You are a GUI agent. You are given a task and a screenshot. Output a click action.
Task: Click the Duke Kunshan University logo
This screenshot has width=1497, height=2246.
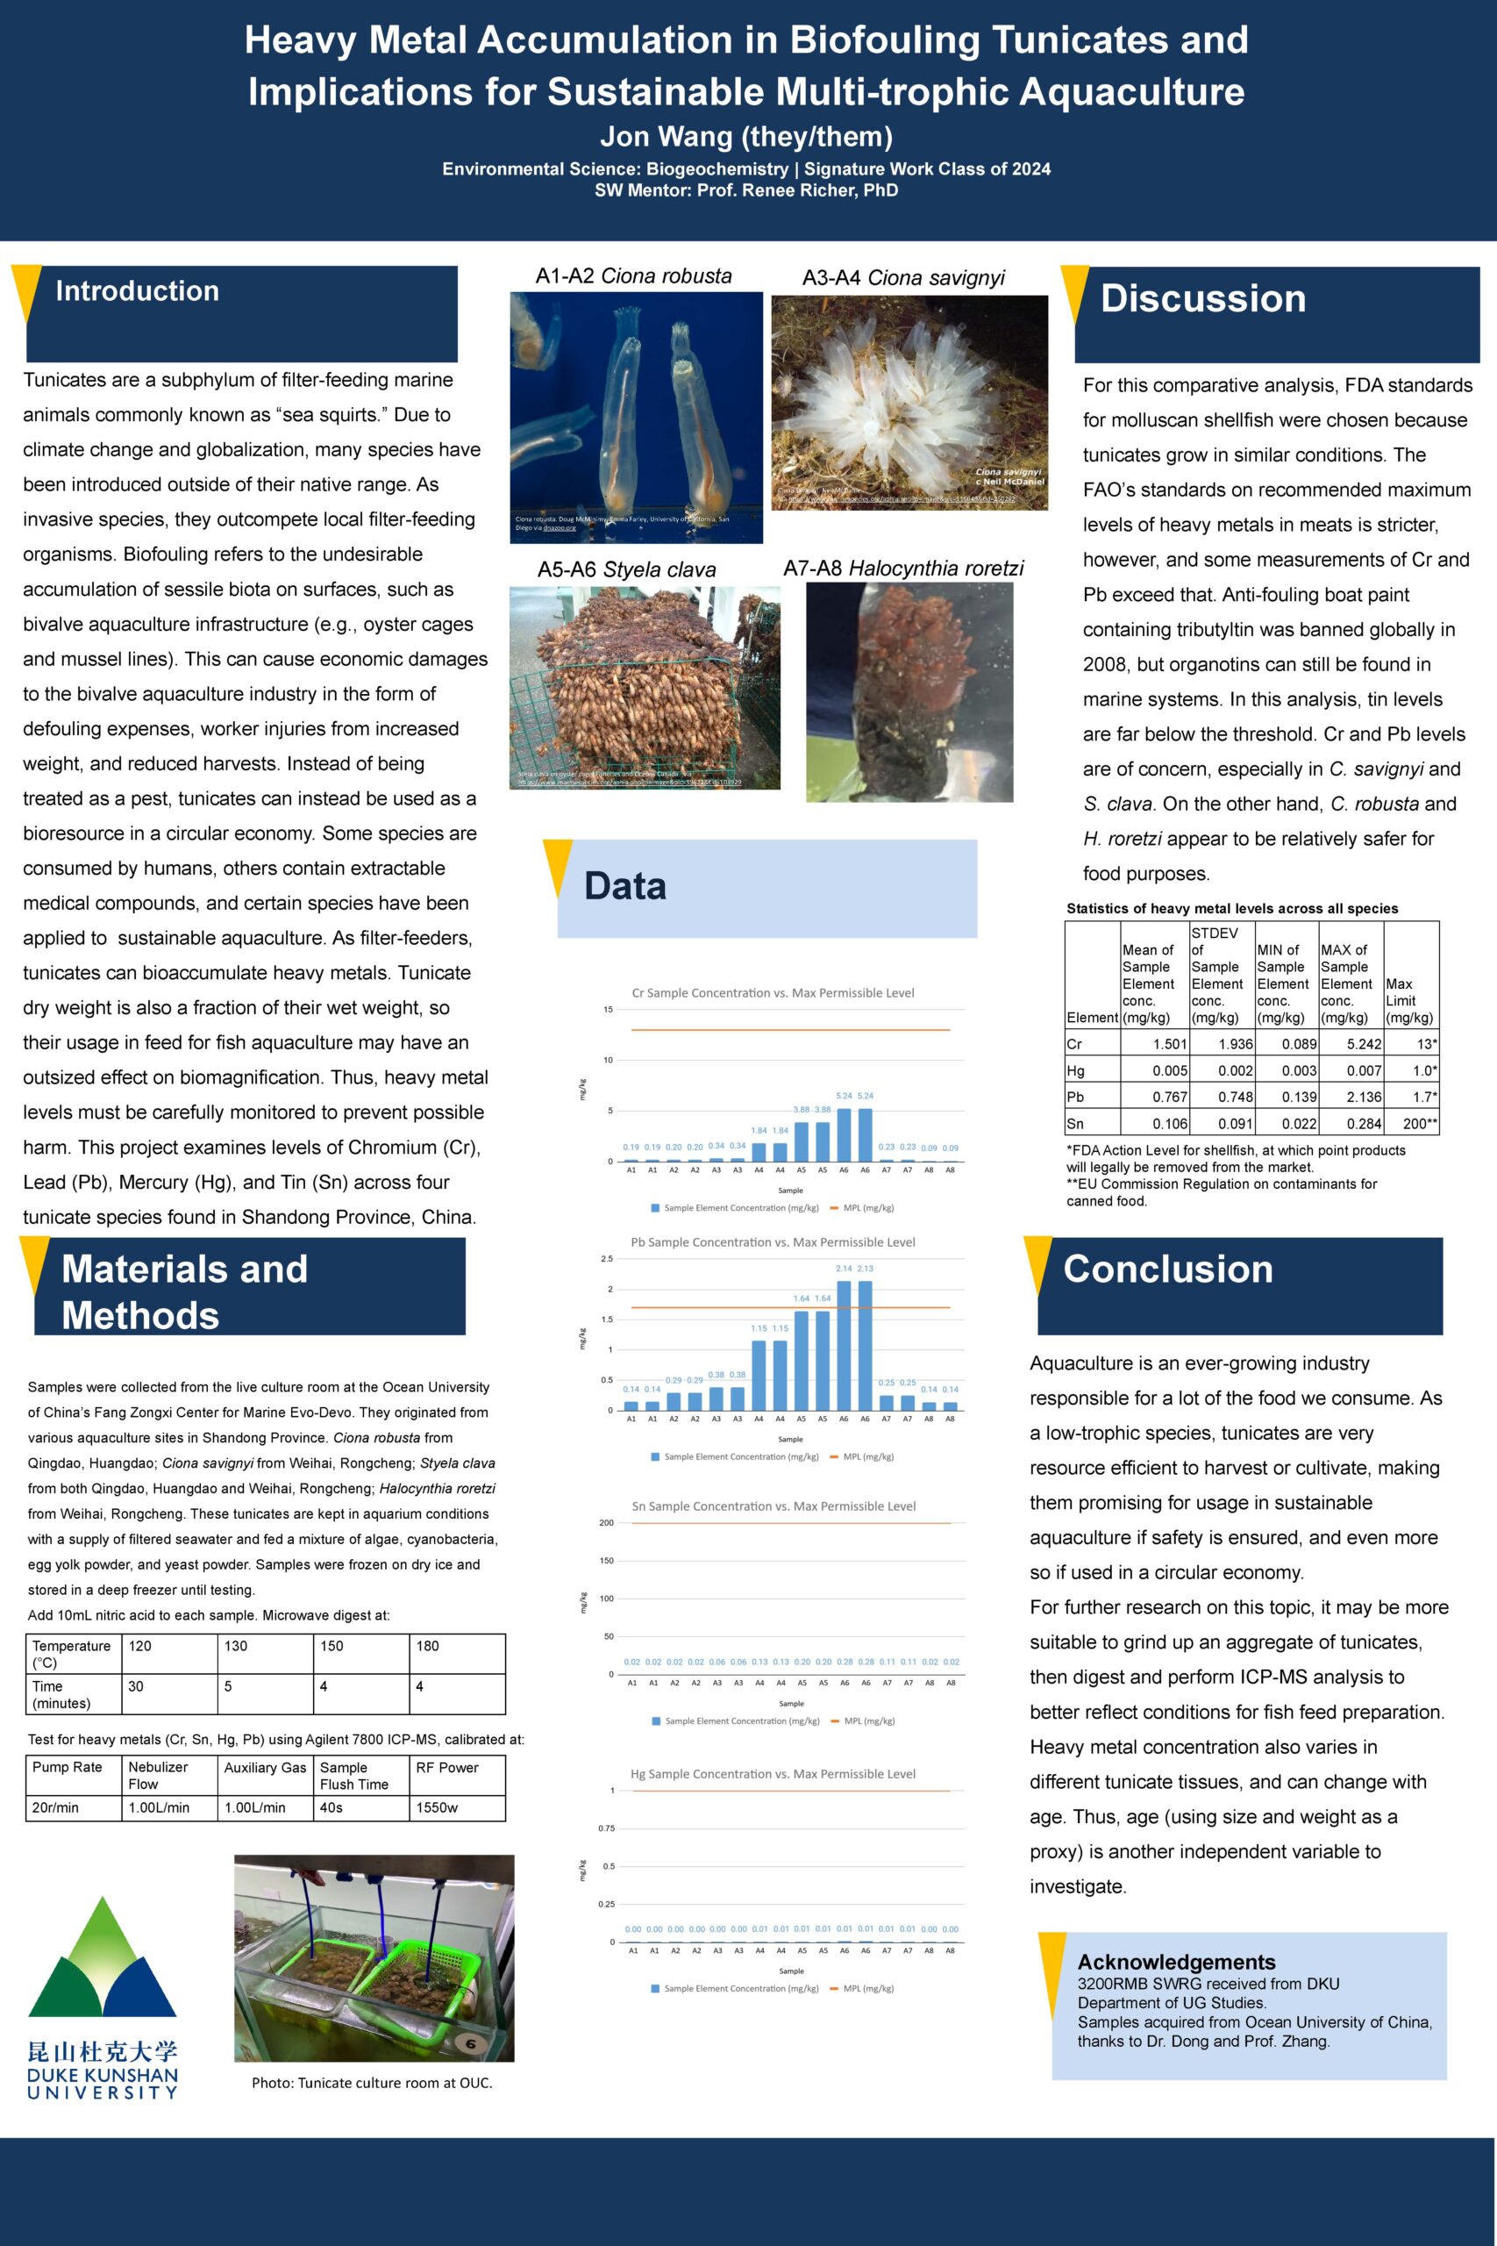click(x=102, y=1996)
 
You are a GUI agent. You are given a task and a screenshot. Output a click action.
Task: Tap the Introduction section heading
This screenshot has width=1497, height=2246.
click(x=138, y=291)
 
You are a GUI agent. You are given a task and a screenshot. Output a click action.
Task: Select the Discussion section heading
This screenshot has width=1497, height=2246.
click(x=1203, y=299)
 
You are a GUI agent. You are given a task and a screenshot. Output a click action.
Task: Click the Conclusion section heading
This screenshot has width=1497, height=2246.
click(x=1167, y=1270)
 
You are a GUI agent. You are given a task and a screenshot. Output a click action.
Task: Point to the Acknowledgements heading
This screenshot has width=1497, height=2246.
click(x=1176, y=1962)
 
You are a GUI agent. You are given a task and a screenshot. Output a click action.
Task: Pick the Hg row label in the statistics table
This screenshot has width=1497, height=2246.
click(x=1075, y=1070)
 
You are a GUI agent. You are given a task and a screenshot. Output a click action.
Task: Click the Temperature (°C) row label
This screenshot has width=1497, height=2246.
click(x=72, y=1654)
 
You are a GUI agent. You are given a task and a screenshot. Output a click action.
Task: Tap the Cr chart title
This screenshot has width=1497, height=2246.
click(x=773, y=993)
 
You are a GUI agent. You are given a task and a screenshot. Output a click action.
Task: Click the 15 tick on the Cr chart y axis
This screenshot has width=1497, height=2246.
click(x=607, y=1009)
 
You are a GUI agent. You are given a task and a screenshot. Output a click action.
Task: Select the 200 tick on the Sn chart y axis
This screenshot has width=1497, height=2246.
click(x=606, y=1523)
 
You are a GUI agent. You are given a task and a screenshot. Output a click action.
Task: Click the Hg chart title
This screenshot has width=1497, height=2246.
click(x=773, y=1774)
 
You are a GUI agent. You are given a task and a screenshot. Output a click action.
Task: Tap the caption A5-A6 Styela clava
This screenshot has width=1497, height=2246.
click(x=626, y=570)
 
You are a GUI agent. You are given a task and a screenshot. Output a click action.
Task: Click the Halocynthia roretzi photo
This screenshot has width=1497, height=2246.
click(x=909, y=691)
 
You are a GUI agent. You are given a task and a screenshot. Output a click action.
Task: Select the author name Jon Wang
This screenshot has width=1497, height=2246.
click(x=745, y=138)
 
